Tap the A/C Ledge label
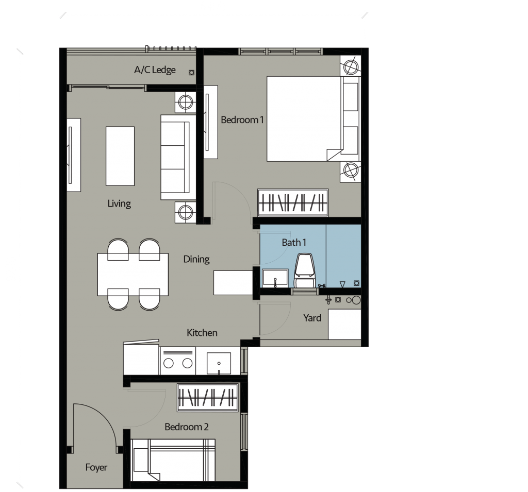coord(155,70)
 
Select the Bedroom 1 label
coord(242,120)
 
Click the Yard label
coord(312,318)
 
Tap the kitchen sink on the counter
coord(219,362)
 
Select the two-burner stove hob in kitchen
coord(177,361)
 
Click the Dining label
coord(196,259)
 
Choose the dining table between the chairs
coord(134,274)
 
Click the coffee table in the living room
coord(120,156)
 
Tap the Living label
coord(119,203)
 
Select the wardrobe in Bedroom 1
coord(292,202)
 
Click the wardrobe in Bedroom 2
coord(208,398)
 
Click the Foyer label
coord(96,467)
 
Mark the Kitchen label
coord(202,333)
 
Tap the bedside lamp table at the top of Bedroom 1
coord(351,66)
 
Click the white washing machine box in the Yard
coord(344,324)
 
